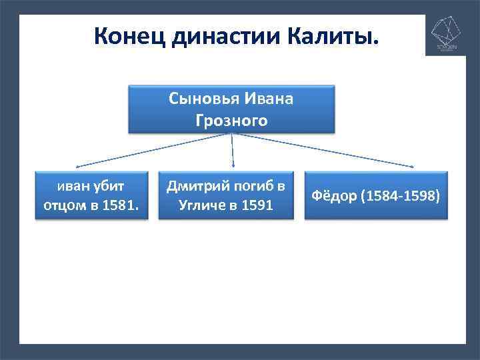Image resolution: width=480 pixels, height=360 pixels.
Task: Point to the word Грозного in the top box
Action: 231,121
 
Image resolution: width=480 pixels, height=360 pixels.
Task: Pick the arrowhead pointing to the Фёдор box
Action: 418,166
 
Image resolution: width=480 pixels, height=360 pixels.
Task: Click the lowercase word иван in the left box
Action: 70,185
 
